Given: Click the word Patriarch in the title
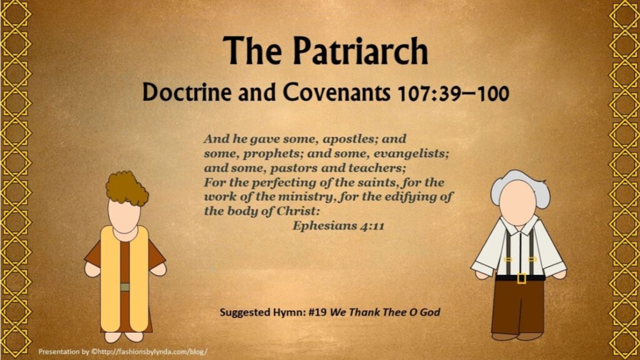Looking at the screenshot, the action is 361,51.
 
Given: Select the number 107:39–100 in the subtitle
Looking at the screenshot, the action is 453,94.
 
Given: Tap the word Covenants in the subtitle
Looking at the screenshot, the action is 336,92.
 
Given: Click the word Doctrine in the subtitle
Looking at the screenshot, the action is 186,92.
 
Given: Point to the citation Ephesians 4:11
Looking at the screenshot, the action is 338,226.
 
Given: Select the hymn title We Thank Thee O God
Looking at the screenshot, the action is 385,312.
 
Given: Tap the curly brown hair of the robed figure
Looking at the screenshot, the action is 127,189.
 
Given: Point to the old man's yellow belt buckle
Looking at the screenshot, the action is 521,278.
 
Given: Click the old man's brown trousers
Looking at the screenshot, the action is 518,306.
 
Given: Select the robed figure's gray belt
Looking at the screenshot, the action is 125,287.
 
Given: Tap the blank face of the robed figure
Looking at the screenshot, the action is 124,216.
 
